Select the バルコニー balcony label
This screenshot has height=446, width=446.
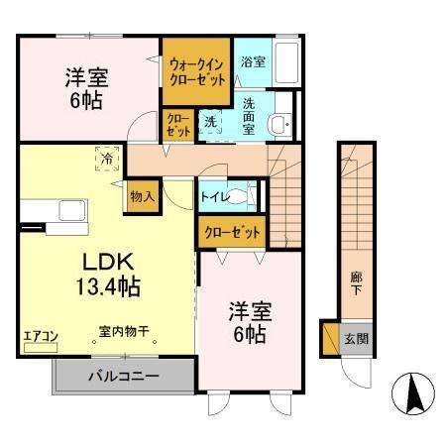point(125,377)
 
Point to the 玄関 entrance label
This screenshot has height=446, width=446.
point(354,338)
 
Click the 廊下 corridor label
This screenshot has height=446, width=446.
point(354,281)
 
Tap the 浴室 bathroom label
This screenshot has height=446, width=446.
point(253,62)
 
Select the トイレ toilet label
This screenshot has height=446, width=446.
point(216,197)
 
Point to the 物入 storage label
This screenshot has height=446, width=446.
point(142,196)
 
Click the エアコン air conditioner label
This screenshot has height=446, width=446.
point(42,337)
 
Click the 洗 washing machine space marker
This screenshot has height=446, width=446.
point(210,122)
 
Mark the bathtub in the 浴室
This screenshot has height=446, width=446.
point(286,64)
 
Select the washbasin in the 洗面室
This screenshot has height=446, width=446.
point(281,122)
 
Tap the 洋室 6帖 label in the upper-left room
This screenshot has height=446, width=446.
point(88,87)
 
